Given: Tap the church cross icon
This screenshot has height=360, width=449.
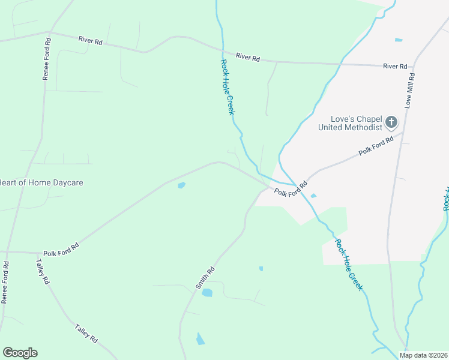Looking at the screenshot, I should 391,123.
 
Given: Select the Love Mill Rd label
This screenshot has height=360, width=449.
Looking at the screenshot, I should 411,91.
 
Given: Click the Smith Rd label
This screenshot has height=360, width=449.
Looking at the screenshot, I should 205,279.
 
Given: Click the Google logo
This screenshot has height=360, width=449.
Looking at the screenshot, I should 20,353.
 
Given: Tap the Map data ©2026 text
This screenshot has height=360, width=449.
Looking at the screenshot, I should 423,355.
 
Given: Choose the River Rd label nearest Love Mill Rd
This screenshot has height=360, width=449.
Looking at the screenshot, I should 395,66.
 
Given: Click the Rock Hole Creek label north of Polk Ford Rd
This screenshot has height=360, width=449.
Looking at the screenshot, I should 227,87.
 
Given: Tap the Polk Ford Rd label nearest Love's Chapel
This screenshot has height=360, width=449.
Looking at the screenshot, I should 376,146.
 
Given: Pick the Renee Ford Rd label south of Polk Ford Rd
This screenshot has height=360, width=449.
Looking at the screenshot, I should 5,282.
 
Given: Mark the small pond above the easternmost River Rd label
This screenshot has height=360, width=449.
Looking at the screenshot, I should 399,40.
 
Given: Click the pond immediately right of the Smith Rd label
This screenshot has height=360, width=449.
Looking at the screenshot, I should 207,293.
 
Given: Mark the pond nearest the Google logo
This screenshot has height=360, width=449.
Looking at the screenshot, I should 200,340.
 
